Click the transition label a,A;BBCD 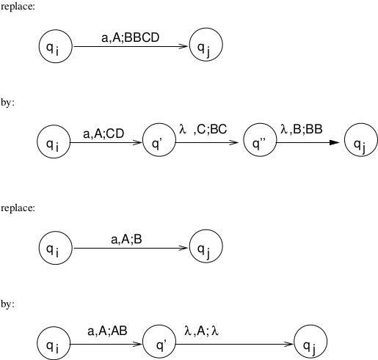click(x=131, y=37)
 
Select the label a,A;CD click(x=103, y=133)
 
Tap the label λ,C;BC click(x=203, y=129)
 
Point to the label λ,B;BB click(x=302, y=129)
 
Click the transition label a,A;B click(x=126, y=239)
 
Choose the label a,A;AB click(x=107, y=331)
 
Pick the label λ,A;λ click(x=201, y=331)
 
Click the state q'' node click(x=260, y=140)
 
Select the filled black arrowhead click(x=335, y=142)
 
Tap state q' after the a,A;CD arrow click(x=159, y=140)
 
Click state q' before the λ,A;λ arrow click(x=159, y=342)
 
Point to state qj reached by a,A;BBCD click(x=206, y=45)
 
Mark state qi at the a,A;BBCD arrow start click(x=56, y=46)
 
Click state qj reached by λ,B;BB click(x=361, y=140)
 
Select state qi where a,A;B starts click(x=56, y=248)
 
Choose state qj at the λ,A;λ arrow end click(x=310, y=342)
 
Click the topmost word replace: click(x=18, y=7)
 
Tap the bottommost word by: click(x=7, y=304)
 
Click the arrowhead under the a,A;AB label click(x=137, y=344)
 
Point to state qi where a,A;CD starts click(x=54, y=142)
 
